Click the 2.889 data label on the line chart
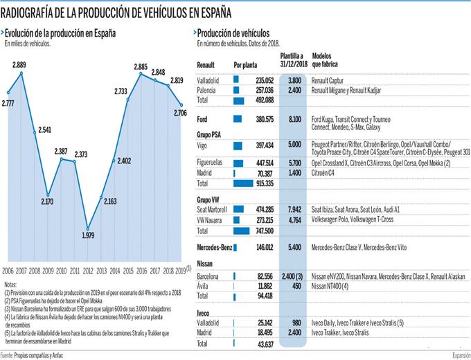(20, 64)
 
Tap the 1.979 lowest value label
(88, 234)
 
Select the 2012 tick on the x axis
(89, 270)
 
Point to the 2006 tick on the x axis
(8, 270)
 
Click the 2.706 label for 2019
(181, 113)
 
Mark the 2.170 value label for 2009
(48, 201)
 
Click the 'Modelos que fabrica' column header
(326, 60)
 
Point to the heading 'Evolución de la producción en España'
(62, 33)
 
